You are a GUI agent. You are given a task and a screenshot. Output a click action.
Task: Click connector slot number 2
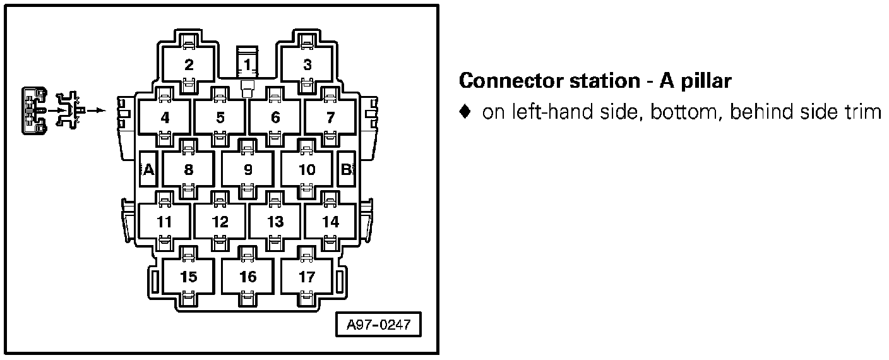(x=189, y=64)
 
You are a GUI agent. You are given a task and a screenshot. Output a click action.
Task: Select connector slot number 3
(x=307, y=64)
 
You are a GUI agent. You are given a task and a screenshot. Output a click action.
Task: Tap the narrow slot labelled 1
(x=247, y=64)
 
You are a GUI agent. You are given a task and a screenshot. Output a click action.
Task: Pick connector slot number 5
(x=220, y=117)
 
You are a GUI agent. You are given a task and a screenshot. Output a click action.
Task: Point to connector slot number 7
(x=330, y=117)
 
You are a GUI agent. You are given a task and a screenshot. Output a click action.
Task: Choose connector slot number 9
(x=248, y=169)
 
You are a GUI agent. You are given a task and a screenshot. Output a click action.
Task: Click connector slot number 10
(x=307, y=169)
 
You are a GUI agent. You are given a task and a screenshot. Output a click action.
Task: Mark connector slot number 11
(x=164, y=222)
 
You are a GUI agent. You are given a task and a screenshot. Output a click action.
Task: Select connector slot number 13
(x=275, y=222)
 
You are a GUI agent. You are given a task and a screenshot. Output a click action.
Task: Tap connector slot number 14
(x=330, y=222)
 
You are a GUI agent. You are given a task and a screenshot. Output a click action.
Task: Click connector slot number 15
(x=188, y=277)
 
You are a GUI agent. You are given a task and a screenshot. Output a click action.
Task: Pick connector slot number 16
(x=248, y=277)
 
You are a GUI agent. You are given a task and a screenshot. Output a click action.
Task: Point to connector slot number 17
(x=307, y=277)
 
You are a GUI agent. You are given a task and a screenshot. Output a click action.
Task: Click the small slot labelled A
(x=148, y=169)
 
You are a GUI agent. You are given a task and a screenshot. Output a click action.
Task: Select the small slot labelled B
(x=346, y=169)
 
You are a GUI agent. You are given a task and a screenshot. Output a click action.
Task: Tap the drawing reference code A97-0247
(x=378, y=326)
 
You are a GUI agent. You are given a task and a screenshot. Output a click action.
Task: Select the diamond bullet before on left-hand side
(x=465, y=112)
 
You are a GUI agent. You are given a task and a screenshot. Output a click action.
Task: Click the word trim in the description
(x=862, y=112)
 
